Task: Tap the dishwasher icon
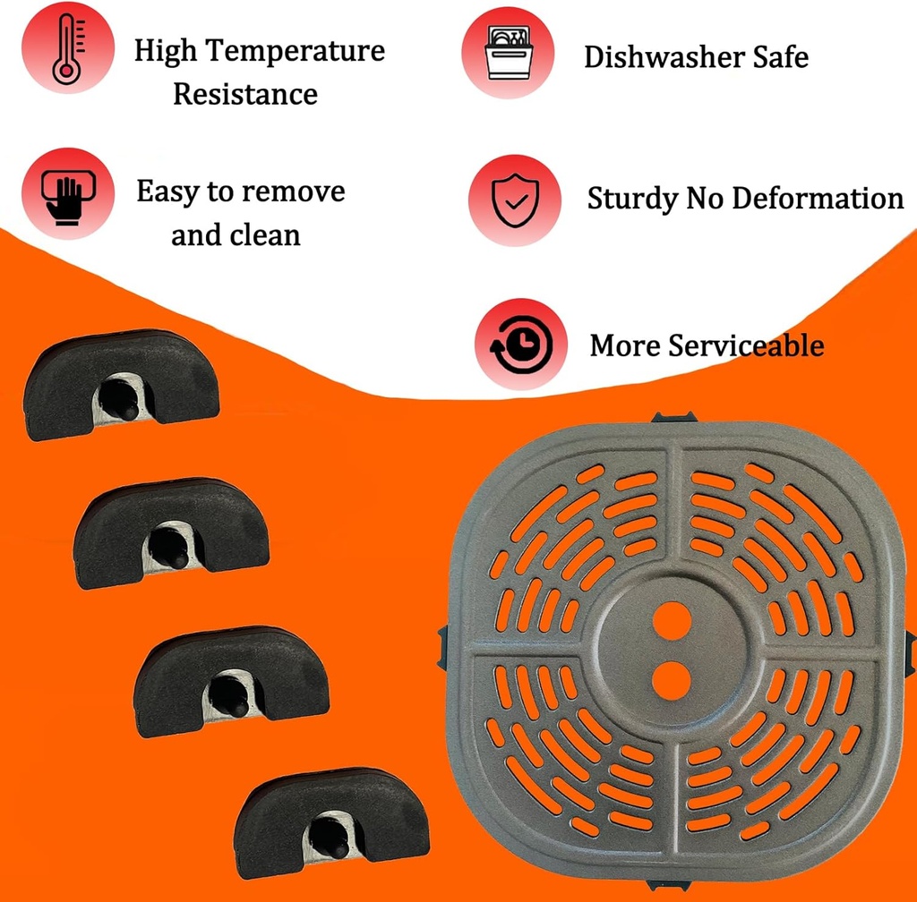507,52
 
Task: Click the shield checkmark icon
515,200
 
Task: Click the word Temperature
296,51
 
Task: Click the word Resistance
245,94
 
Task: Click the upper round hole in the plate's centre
671,620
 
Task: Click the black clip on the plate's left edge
445,646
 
